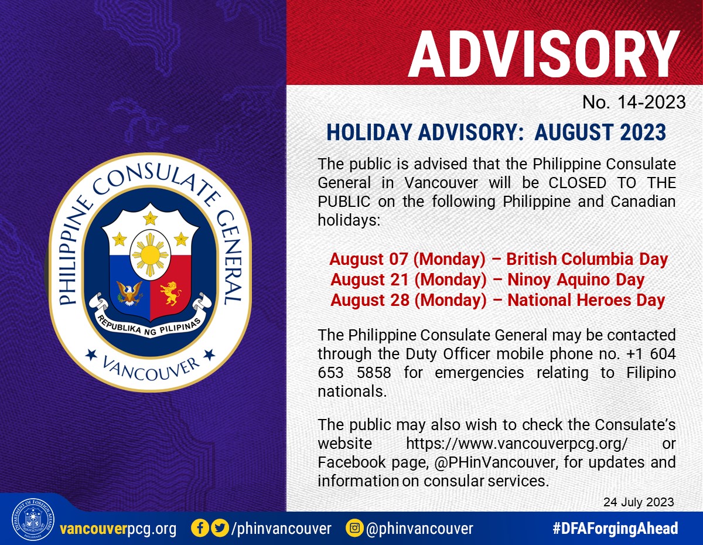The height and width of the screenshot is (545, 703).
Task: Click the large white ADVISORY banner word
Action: click(543, 54)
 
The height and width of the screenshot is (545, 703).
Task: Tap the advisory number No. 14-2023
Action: click(634, 103)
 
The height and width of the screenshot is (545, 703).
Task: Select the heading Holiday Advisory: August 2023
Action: click(496, 132)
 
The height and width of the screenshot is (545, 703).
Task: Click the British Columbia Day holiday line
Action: click(499, 259)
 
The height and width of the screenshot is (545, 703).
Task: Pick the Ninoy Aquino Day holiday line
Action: click(487, 280)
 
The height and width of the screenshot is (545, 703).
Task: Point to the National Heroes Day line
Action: click(497, 300)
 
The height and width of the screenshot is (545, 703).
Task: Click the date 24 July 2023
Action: click(639, 502)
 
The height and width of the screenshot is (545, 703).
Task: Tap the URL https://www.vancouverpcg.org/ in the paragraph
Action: click(517, 444)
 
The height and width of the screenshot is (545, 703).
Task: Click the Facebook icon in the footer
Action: click(200, 528)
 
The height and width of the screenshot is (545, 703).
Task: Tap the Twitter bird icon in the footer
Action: click(220, 528)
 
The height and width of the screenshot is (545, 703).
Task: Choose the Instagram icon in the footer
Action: click(354, 528)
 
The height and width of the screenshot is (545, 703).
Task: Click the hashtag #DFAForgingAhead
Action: click(615, 528)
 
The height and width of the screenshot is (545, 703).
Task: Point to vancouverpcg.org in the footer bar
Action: click(118, 529)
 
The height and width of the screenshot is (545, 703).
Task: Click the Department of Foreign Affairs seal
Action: click(33, 519)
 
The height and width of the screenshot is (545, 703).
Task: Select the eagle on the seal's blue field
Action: click(129, 293)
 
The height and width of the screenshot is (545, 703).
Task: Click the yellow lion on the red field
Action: click(170, 293)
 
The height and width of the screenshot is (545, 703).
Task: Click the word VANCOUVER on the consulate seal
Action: click(150, 370)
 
